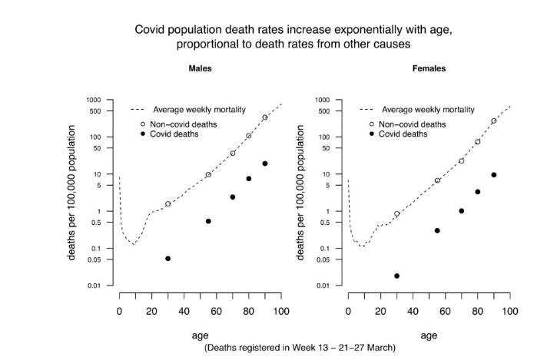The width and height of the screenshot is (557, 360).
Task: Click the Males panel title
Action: coord(201,68)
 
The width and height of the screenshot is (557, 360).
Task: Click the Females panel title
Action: coord(429,68)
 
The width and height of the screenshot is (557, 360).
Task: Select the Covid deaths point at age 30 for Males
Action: coord(167,259)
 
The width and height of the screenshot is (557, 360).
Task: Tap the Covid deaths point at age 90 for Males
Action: coord(265,163)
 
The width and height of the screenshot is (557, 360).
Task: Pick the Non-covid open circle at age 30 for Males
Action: coord(167,204)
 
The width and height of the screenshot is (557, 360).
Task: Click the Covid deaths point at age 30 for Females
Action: coord(396,276)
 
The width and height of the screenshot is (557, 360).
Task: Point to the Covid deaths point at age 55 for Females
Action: coord(437,230)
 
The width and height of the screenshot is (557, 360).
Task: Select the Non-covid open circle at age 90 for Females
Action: coord(494,121)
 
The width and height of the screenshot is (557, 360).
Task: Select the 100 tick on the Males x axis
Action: coord(280,311)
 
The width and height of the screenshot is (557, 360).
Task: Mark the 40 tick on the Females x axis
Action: coord(413,311)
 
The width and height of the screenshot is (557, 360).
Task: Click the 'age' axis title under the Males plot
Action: coord(200,335)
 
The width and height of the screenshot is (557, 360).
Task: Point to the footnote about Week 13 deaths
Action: coord(300,348)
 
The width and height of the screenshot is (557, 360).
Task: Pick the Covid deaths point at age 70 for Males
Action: coord(232,197)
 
